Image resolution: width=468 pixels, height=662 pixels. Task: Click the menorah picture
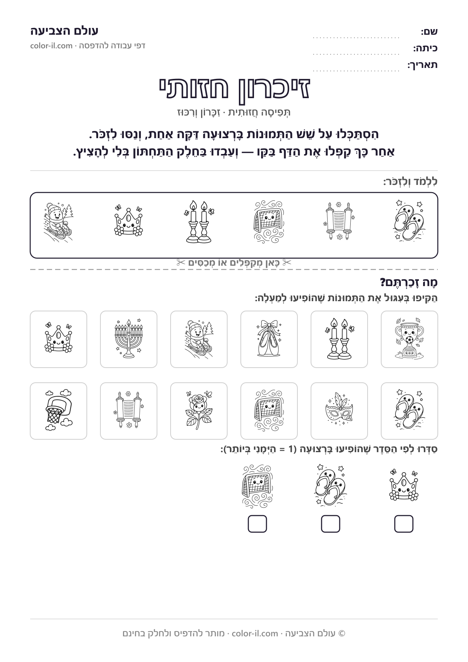click(x=129, y=339)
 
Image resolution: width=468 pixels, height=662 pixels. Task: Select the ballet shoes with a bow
click(x=269, y=339)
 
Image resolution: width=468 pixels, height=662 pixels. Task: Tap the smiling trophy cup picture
click(x=409, y=339)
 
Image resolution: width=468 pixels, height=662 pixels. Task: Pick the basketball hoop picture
click(x=58, y=411)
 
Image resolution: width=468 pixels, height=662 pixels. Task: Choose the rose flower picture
click(x=199, y=411)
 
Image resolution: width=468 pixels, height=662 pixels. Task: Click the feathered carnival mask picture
click(x=339, y=411)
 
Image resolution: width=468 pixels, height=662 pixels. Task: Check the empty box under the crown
click(x=404, y=524)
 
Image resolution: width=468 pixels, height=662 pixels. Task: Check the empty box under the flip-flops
click(x=331, y=524)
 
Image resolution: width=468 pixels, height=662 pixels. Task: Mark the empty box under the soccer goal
click(x=257, y=524)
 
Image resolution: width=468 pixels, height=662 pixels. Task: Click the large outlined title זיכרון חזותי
click(x=234, y=89)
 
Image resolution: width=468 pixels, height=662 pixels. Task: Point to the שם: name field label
click(x=430, y=32)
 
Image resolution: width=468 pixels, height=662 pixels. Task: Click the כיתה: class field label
click(x=425, y=48)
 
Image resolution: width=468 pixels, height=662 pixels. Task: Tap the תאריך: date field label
click(x=423, y=65)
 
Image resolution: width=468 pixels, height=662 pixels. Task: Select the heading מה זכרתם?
click(x=409, y=282)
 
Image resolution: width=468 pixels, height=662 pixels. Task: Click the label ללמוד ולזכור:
click(x=411, y=182)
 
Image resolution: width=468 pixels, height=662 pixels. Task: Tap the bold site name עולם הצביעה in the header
click(x=65, y=31)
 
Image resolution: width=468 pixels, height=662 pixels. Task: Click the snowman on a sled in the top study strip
click(x=58, y=222)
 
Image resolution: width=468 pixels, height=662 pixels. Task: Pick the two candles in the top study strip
click(x=199, y=222)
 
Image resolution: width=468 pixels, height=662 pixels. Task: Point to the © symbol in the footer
click(x=342, y=633)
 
